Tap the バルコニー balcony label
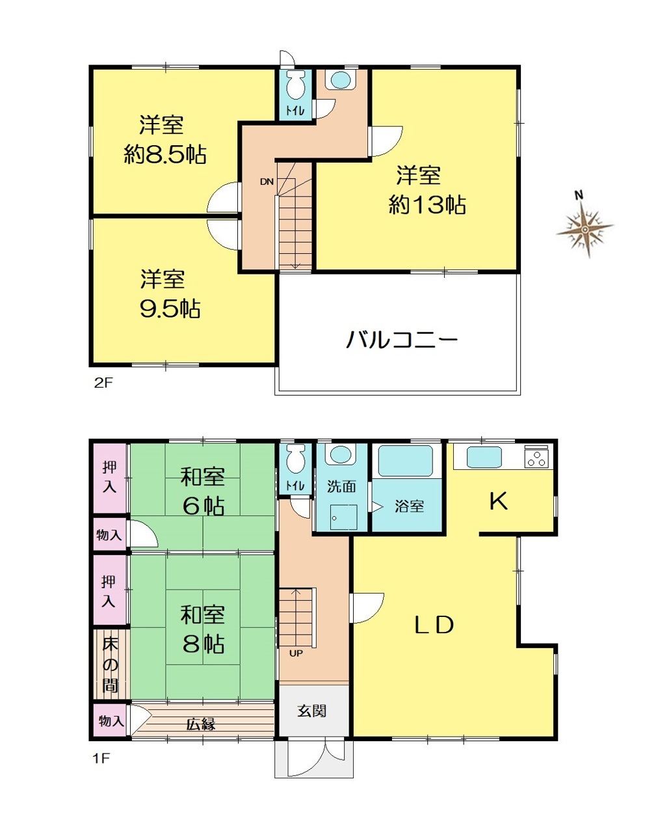click(x=401, y=339)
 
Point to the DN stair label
click(x=267, y=182)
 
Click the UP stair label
click(x=296, y=653)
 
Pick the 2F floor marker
click(x=103, y=383)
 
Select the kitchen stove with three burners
click(x=536, y=456)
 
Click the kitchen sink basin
click(x=484, y=457)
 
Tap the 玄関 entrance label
click(x=312, y=711)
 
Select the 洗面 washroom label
click(x=341, y=487)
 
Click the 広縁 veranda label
click(x=201, y=724)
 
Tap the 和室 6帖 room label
click(x=202, y=491)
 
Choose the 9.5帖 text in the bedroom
click(x=170, y=308)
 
